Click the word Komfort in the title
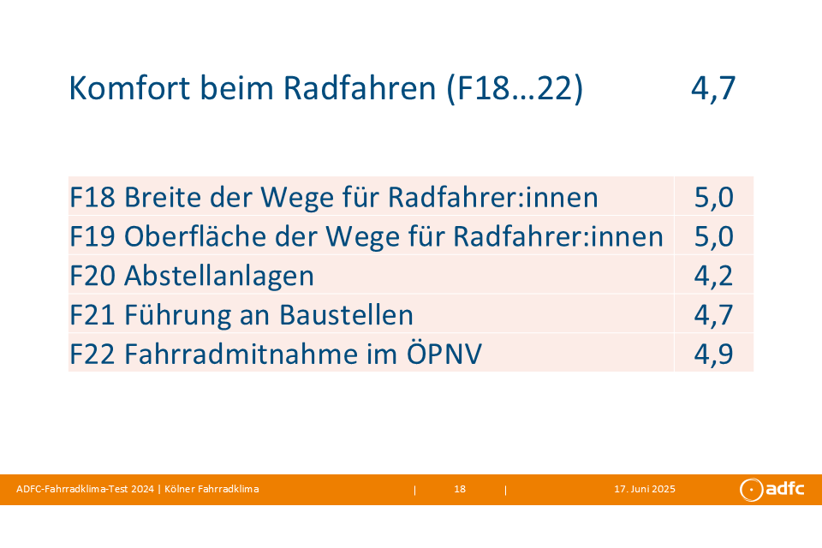pyautogui.click(x=129, y=87)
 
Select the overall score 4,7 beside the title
pyautogui.click(x=713, y=88)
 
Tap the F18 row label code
pyautogui.click(x=92, y=197)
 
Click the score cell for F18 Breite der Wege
pyautogui.click(x=713, y=197)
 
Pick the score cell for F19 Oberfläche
pyautogui.click(x=713, y=236)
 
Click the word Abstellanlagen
pyautogui.click(x=219, y=276)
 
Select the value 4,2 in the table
pyautogui.click(x=713, y=276)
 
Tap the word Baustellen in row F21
pyautogui.click(x=347, y=314)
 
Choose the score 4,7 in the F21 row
pyautogui.click(x=713, y=314)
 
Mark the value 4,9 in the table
pyautogui.click(x=713, y=354)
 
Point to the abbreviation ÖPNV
pyautogui.click(x=444, y=353)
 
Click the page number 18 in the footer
pyautogui.click(x=460, y=489)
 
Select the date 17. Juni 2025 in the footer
pyautogui.click(x=645, y=489)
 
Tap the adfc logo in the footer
pyautogui.click(x=771, y=489)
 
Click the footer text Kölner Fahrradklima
pyautogui.click(x=211, y=489)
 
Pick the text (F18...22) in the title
pyautogui.click(x=515, y=88)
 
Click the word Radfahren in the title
pyautogui.click(x=360, y=87)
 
